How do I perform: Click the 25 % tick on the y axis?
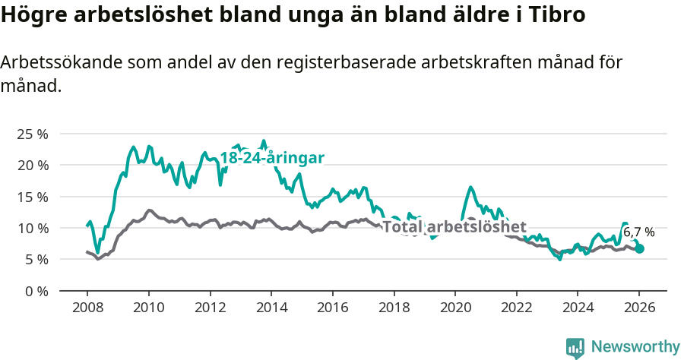pyautogui.click(x=33, y=134)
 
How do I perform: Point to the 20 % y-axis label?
pyautogui.click(x=33, y=165)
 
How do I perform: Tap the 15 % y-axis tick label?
pyautogui.click(x=33, y=197)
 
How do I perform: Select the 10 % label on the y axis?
pyautogui.click(x=33, y=228)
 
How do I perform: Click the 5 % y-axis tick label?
pyautogui.click(x=36, y=259)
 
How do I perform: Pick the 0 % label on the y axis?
pyautogui.click(x=36, y=291)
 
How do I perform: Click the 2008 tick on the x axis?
pyautogui.click(x=87, y=308)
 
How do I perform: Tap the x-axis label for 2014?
pyautogui.click(x=271, y=308)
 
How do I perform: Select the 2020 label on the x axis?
pyautogui.click(x=454, y=308)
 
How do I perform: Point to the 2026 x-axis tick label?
pyautogui.click(x=638, y=308)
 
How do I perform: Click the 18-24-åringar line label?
pyautogui.click(x=272, y=158)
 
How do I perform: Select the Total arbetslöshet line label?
pyautogui.click(x=454, y=226)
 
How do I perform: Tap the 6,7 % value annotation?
pyautogui.click(x=638, y=232)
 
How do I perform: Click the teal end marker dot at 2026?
pyautogui.click(x=639, y=248)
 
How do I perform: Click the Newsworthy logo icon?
pyautogui.click(x=575, y=348)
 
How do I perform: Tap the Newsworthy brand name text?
pyautogui.click(x=635, y=347)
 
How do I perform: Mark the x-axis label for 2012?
pyautogui.click(x=210, y=308)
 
